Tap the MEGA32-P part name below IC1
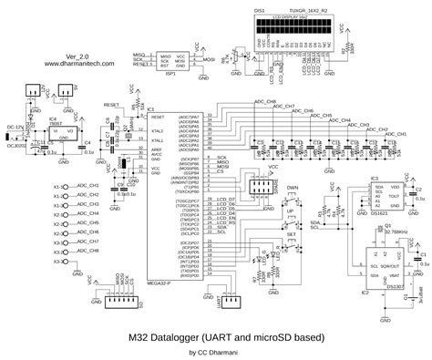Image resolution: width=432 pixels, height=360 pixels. coord(159,283)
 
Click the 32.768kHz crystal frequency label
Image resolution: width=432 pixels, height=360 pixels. coord(396,232)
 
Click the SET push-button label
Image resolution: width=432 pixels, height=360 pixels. coord(292,234)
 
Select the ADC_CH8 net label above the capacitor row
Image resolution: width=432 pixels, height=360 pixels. coord(264,101)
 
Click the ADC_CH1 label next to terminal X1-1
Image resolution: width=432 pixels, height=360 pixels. coord(88,186)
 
